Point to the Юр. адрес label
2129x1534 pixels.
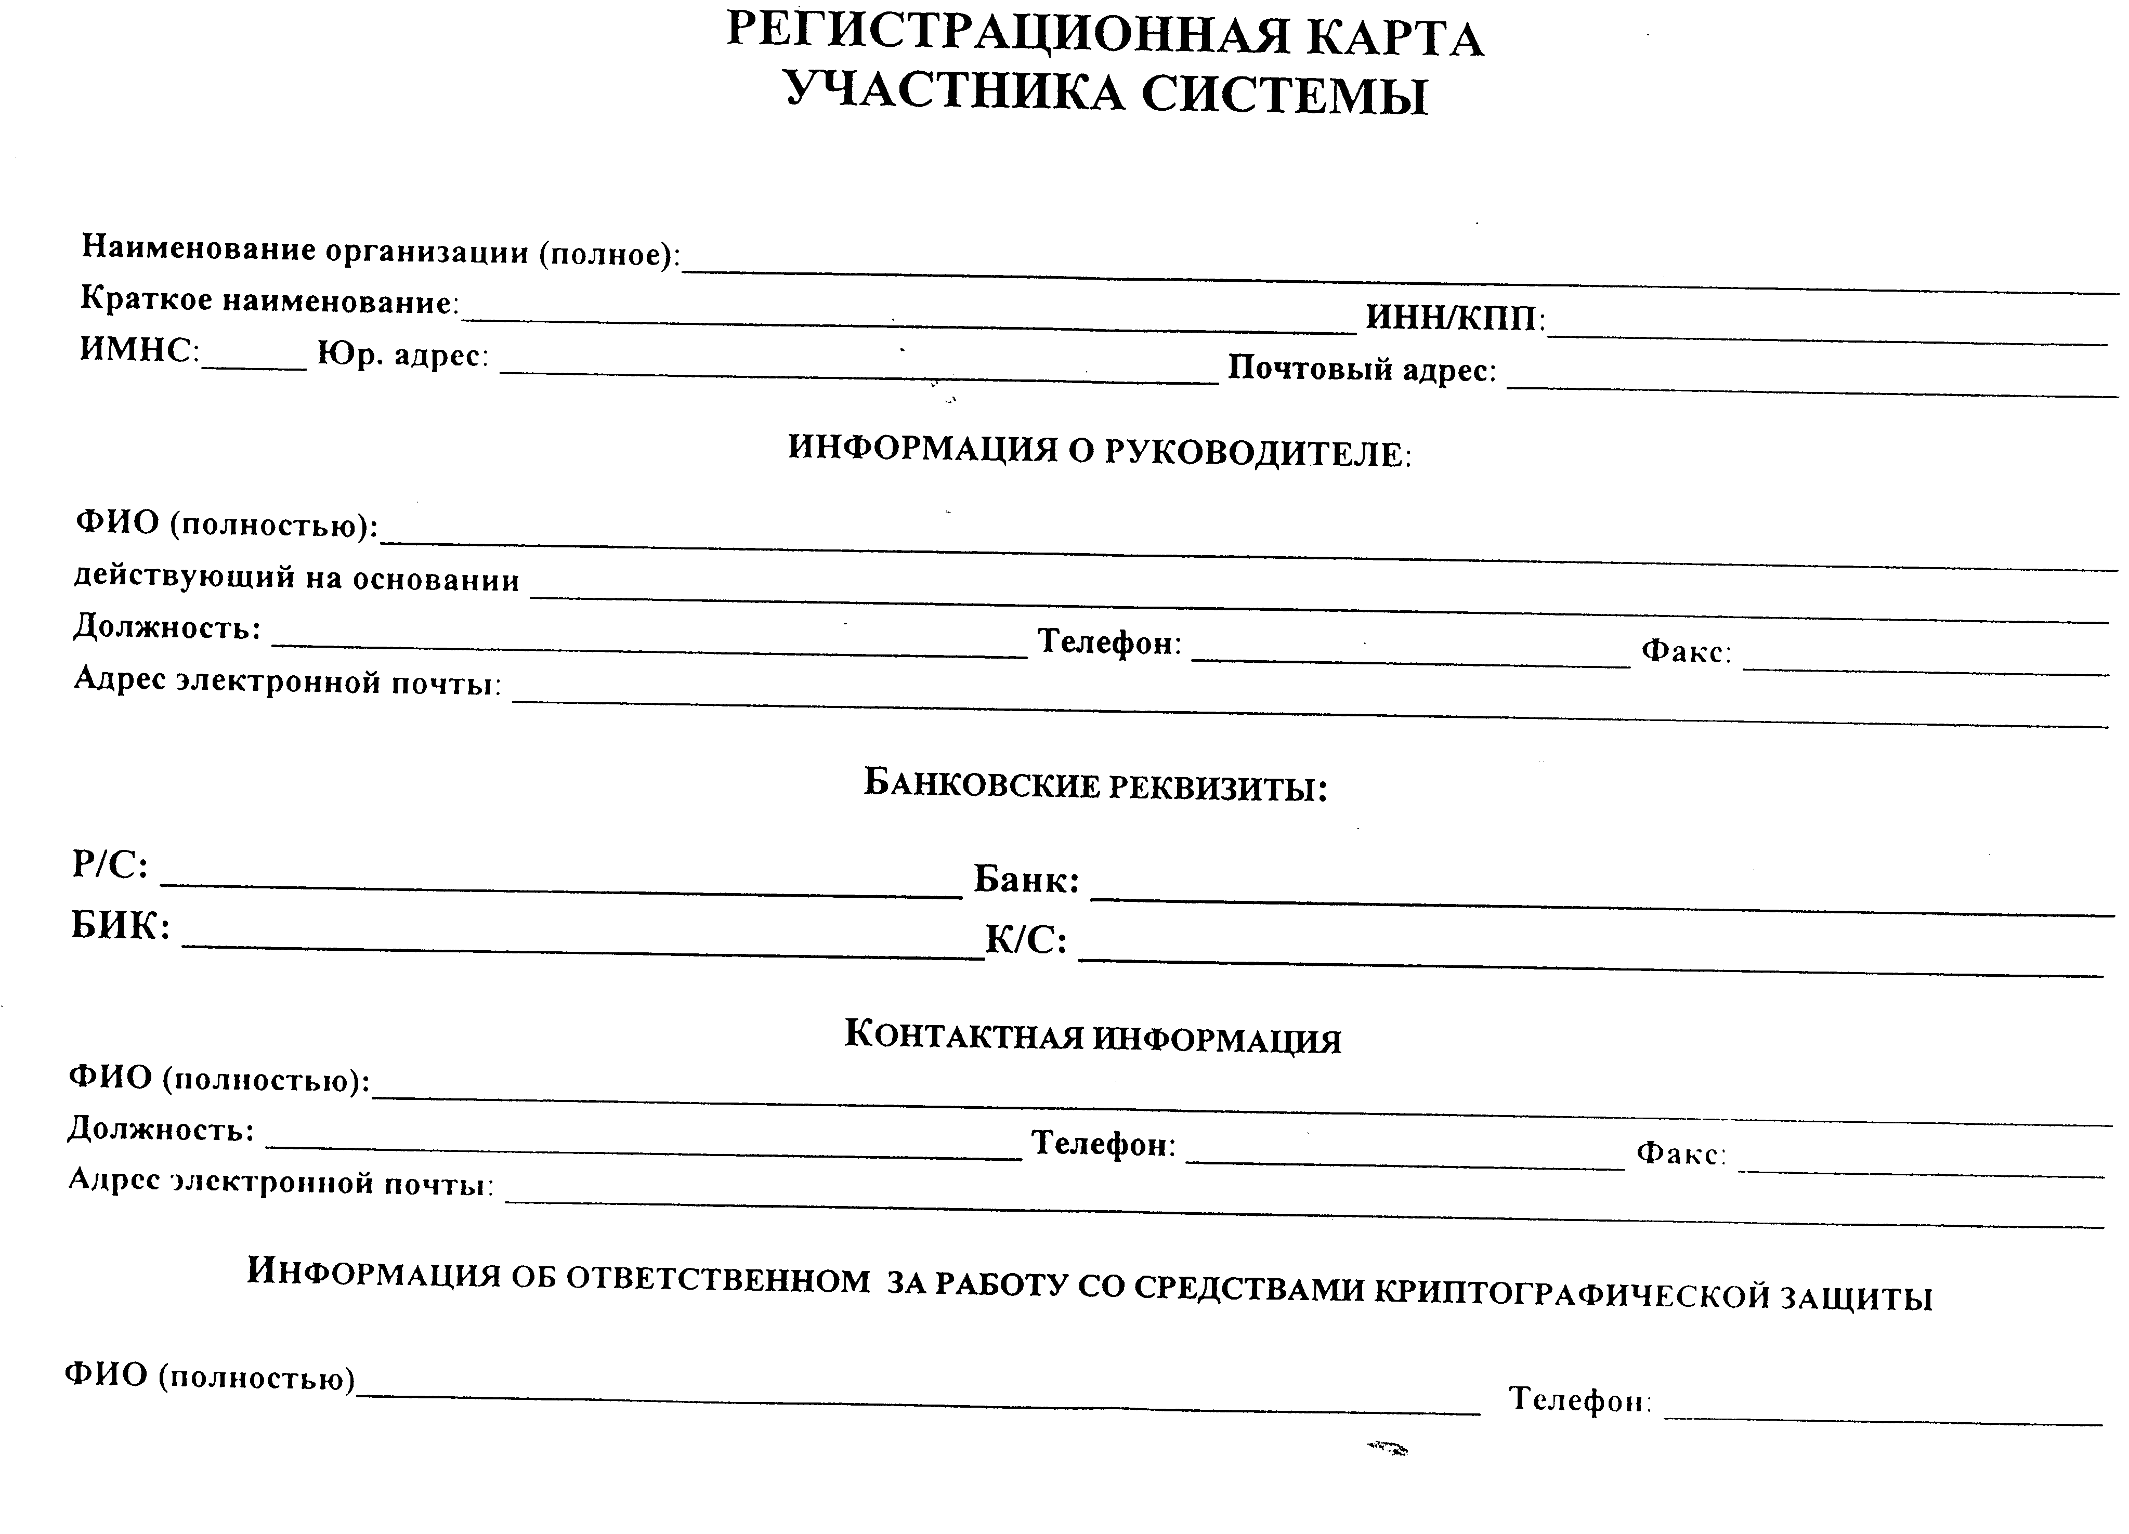pyautogui.click(x=402, y=355)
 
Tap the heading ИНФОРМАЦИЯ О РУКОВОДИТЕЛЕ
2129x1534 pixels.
pyautogui.click(x=1098, y=451)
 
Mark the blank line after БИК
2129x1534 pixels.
pyautogui.click(x=582, y=950)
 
